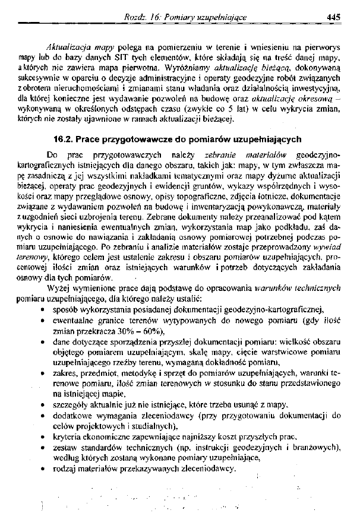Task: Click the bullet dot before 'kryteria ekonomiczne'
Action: tap(39, 437)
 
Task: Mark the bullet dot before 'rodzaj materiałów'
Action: tap(39, 468)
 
